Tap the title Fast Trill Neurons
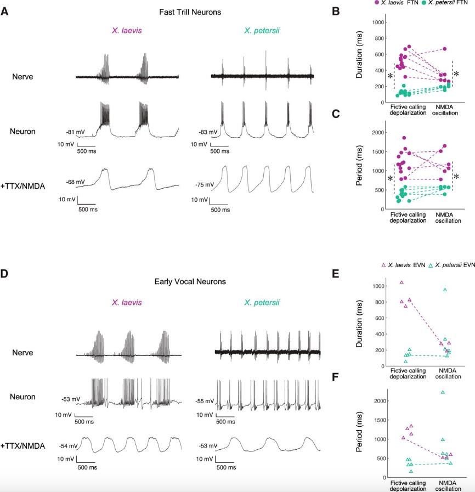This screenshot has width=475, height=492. tap(191, 12)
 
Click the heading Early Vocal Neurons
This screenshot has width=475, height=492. tap(191, 282)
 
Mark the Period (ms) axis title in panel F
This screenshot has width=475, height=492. tap(360, 433)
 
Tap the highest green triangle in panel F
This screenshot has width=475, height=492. tap(443, 392)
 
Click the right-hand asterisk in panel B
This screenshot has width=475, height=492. tap(456, 73)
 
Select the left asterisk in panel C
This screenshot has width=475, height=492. tap(389, 179)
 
